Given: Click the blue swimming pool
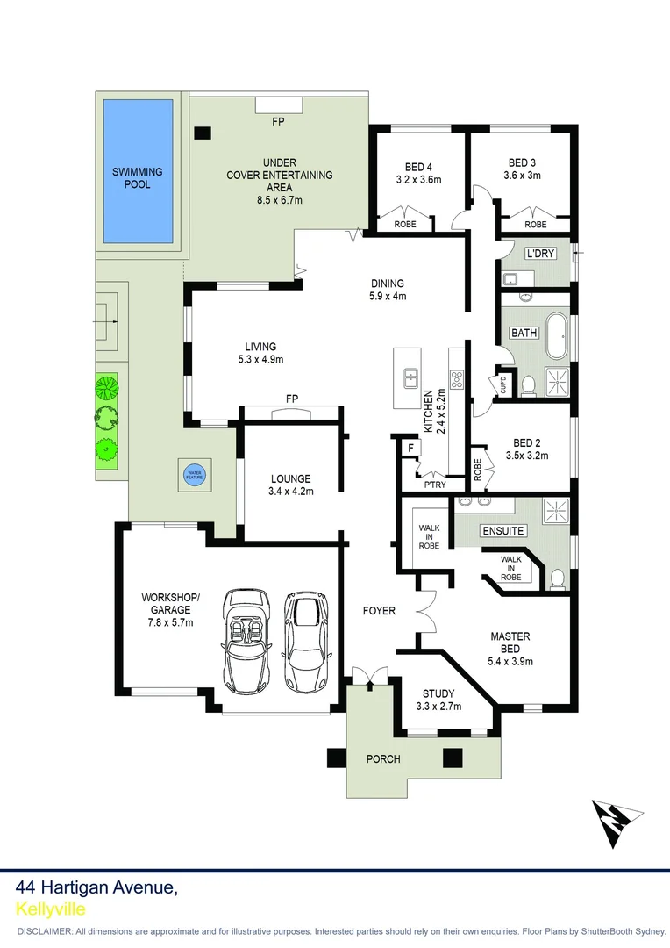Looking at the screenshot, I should [137, 171].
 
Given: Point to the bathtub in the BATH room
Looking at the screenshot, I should [555, 336].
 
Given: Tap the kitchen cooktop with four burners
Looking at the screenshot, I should [457, 379].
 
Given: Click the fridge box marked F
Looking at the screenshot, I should [410, 449].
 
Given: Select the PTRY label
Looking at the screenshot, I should [433, 485].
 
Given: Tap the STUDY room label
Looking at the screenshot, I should [438, 693].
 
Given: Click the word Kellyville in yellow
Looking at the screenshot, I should [51, 908].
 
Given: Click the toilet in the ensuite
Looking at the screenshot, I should [557, 578].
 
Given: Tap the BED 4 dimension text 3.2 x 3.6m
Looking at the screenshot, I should [417, 180].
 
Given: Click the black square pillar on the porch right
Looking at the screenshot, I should [453, 757].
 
